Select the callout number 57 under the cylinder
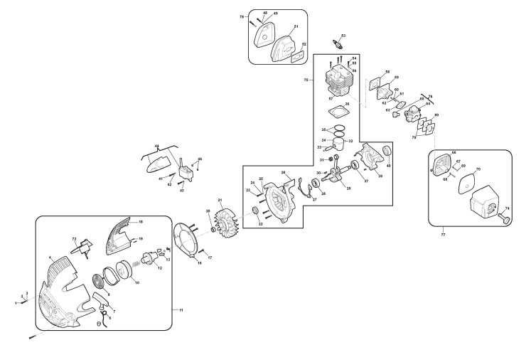point(331,97)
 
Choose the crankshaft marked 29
point(347,173)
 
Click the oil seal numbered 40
point(388,151)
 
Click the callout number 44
point(157,146)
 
